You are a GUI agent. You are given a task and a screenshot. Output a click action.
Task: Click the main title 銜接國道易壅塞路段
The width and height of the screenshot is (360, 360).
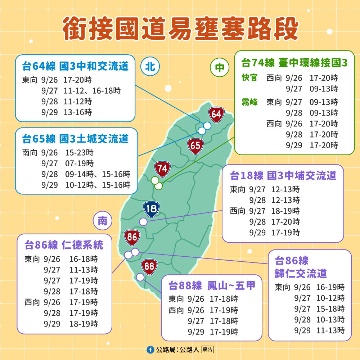[180, 28]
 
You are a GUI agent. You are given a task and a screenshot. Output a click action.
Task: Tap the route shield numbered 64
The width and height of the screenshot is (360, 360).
[216, 114]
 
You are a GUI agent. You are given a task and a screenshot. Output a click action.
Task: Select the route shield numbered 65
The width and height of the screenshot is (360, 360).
[195, 146]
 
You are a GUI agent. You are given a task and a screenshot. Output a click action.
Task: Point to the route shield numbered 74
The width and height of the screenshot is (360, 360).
[162, 168]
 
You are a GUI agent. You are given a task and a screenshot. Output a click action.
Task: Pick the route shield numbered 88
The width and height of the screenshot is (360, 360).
[149, 266]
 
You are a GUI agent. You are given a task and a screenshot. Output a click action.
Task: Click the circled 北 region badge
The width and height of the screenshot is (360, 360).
[150, 67]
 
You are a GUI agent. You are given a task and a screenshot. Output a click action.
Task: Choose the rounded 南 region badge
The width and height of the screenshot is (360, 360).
[103, 221]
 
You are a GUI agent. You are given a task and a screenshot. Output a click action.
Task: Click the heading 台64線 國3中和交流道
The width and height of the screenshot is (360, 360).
[75, 67]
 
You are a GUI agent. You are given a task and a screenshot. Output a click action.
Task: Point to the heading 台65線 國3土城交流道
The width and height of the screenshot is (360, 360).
[75, 139]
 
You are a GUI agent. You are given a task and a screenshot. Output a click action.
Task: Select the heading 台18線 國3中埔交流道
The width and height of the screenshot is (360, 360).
[283, 176]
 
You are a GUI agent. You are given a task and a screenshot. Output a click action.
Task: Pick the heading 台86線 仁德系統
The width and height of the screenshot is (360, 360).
[64, 245]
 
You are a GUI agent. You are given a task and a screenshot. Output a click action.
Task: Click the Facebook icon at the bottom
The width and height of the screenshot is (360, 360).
[150, 350]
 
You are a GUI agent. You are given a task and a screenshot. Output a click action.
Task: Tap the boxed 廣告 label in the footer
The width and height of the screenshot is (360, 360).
[208, 350]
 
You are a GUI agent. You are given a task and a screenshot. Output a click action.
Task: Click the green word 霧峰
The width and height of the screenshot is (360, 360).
[249, 102]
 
